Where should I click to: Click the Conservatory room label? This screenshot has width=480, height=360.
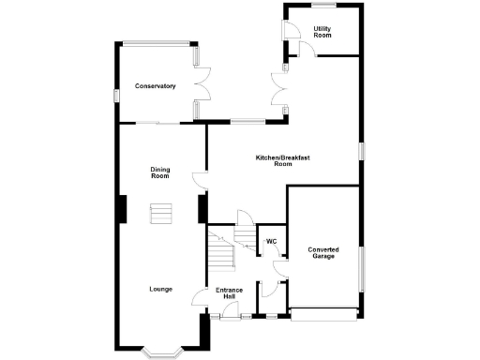[155, 86]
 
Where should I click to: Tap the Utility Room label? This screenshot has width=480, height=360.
[322, 33]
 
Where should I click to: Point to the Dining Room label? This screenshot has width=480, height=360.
[160, 172]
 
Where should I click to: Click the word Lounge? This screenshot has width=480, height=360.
[160, 289]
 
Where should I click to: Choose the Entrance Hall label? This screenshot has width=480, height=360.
[230, 293]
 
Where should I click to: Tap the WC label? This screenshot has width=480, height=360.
[271, 242]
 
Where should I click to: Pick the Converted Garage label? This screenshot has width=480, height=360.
[323, 253]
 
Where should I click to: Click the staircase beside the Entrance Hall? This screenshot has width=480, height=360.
[221, 254]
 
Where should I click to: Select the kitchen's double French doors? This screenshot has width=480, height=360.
[279, 90]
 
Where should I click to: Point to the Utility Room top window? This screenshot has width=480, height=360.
[324, 6]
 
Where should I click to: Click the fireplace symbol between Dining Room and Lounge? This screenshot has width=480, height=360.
[160, 214]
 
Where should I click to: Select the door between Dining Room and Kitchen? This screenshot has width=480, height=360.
[199, 179]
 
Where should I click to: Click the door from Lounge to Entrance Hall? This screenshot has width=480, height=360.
[199, 297]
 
